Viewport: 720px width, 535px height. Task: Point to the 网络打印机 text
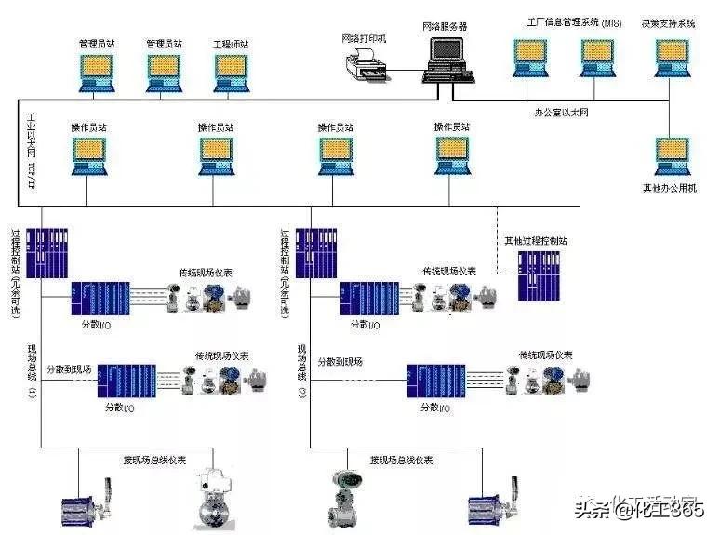point(364,37)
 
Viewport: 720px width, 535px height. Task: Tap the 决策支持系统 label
point(667,22)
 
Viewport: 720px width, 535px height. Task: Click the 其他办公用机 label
point(669,188)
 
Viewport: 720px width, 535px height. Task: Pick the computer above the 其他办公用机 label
point(670,155)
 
